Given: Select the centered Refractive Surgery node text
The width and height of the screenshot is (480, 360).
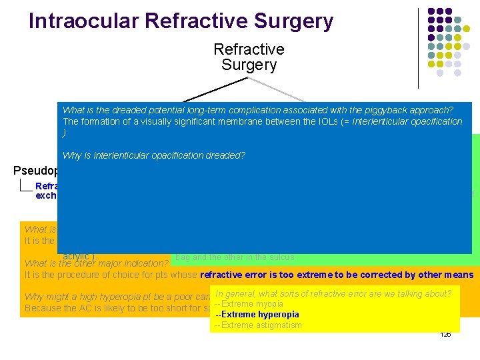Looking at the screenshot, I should point(249,57).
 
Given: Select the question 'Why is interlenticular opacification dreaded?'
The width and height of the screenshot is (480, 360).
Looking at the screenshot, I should point(154,155).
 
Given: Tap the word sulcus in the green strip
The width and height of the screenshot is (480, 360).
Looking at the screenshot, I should point(281,257).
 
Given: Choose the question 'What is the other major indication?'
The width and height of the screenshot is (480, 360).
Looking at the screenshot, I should point(96,263).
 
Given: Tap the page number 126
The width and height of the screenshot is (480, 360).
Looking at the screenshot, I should point(445,334).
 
